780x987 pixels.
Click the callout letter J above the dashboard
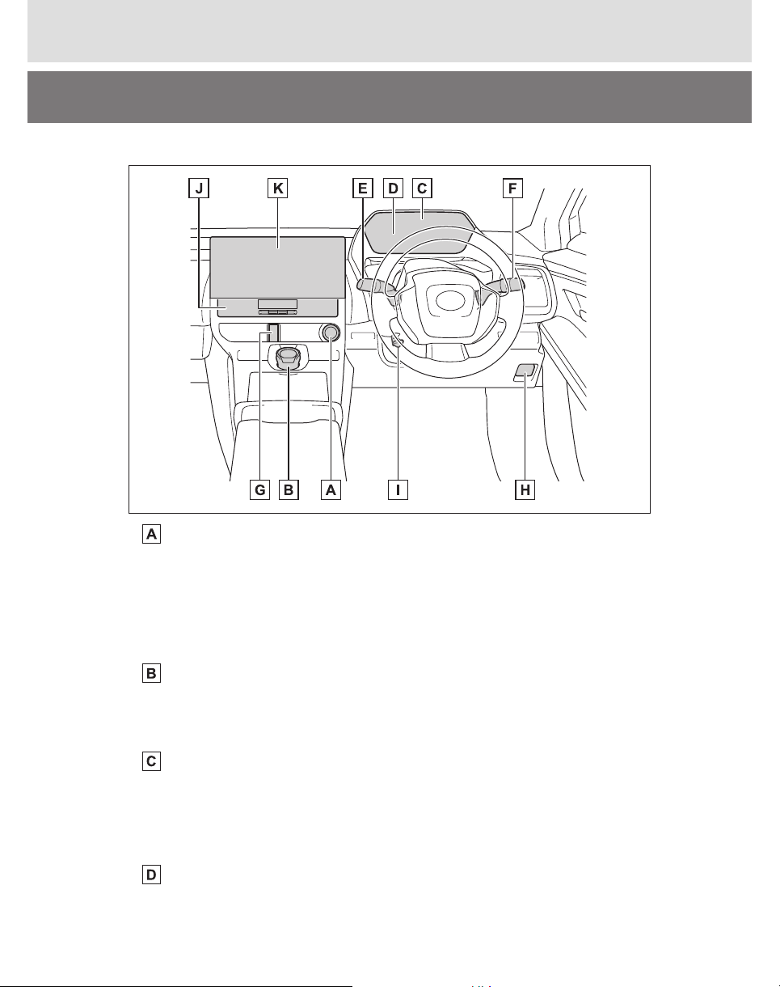[199, 188]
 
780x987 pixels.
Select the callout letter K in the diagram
[278, 188]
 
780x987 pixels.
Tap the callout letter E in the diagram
[362, 188]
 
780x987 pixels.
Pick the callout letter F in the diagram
[512, 188]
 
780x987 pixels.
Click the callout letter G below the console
[259, 489]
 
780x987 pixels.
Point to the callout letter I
[398, 489]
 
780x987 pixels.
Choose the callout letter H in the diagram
[525, 489]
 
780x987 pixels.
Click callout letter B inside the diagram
[289, 489]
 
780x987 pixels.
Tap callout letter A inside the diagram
[331, 489]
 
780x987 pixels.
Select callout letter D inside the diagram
[393, 188]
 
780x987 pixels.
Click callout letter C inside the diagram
[422, 188]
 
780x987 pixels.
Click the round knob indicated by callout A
[331, 333]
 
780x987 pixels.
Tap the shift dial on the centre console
[288, 358]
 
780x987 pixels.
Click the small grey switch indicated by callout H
[525, 371]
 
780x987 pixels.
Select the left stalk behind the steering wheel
[375, 286]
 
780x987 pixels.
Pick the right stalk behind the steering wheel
[504, 286]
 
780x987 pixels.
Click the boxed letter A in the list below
[152, 534]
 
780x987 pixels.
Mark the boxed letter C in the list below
[152, 761]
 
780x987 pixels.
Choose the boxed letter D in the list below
[152, 875]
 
